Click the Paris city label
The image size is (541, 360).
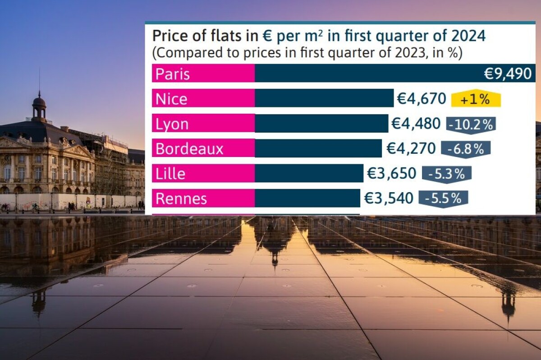coord(173,74)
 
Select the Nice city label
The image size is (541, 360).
coord(171,99)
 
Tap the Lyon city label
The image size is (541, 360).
coord(172,124)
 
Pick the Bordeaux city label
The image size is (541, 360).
coord(189,149)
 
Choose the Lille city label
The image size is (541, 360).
coord(170,174)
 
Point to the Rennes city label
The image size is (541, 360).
coord(181,198)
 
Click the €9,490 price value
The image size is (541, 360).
coord(508,74)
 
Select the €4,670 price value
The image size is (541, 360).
coord(421,99)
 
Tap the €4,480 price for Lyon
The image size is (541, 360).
coord(416,124)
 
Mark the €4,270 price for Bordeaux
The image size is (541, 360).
coord(411,148)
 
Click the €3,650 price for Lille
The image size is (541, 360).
coord(392,174)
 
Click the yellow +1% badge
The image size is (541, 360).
coord(476,99)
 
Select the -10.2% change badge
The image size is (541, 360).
coord(471,125)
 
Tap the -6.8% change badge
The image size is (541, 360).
coord(466,149)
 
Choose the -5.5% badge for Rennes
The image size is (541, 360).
coord(443,199)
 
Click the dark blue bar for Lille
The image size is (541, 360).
coord(309,174)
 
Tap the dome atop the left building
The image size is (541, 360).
coord(39,102)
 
